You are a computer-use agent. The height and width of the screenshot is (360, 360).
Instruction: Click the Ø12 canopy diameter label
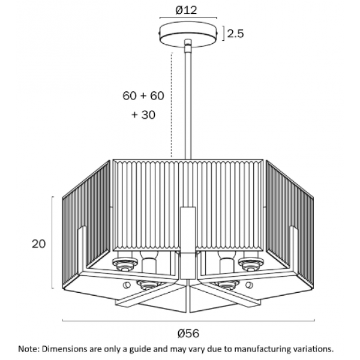coord(186,10)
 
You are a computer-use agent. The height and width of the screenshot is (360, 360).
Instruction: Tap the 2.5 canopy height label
coord(235,34)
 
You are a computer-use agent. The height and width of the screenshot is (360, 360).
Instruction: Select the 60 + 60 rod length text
coord(143,95)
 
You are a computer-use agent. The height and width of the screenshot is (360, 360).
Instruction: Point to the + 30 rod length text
coord(143,115)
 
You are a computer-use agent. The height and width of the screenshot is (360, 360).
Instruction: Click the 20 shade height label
coord(39,244)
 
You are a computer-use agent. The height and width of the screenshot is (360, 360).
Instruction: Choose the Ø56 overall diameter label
coord(188,334)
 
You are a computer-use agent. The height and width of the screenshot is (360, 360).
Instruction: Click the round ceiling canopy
coord(188,34)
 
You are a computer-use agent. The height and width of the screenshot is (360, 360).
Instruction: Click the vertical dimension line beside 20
coord(53,242)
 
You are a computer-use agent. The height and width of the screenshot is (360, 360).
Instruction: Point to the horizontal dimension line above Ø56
coord(188,320)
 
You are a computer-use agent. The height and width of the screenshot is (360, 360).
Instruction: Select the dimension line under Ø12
coord(188,17)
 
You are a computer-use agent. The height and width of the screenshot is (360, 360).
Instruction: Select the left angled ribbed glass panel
coord(86,224)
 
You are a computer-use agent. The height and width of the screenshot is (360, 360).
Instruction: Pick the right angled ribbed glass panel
coord(290,224)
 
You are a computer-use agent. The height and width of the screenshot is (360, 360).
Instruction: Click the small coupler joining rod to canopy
coord(188,46)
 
